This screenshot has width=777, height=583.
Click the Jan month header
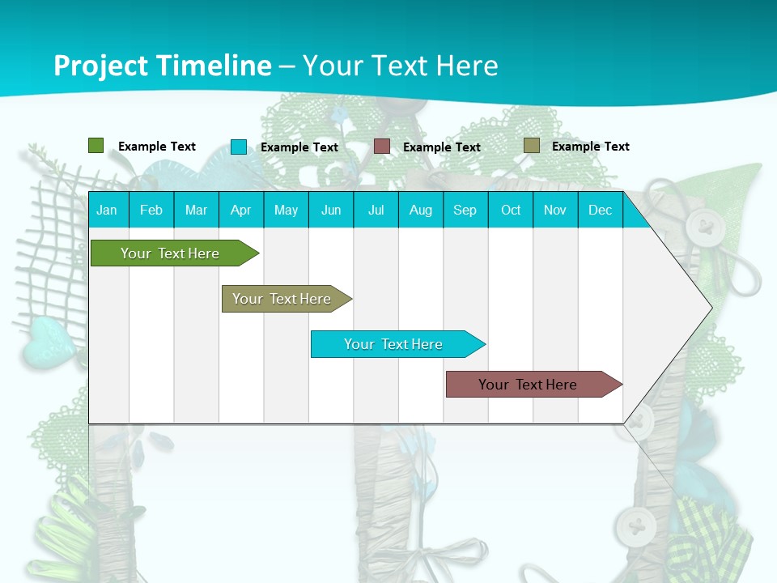click(x=108, y=210)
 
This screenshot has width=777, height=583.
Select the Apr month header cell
click(x=241, y=210)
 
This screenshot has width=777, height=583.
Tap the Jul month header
click(x=376, y=210)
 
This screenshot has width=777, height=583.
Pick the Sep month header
click(x=465, y=210)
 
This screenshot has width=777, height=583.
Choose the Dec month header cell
click(x=600, y=210)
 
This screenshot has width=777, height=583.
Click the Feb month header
click(x=151, y=210)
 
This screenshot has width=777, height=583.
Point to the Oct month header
click(x=511, y=210)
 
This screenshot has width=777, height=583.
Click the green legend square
click(x=96, y=146)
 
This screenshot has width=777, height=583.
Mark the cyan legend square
click(x=239, y=147)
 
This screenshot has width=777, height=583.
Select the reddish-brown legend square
click(x=382, y=147)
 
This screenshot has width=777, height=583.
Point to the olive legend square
click(x=532, y=146)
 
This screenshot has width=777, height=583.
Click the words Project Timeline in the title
click(x=162, y=66)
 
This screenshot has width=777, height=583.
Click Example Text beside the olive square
click(x=590, y=147)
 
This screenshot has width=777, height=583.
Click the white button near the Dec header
click(x=703, y=227)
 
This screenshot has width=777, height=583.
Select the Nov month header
click(x=555, y=210)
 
